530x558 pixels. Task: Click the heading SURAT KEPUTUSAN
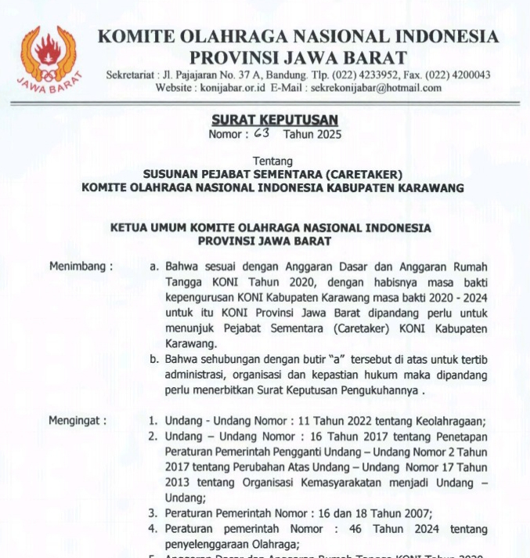(x=274, y=120)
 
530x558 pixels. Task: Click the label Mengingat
(x=78, y=420)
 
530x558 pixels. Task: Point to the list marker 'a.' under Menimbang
(x=154, y=266)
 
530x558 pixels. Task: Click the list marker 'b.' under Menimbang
(x=154, y=359)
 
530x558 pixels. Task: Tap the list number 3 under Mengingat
(x=153, y=513)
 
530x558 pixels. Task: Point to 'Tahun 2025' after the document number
(x=312, y=134)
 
